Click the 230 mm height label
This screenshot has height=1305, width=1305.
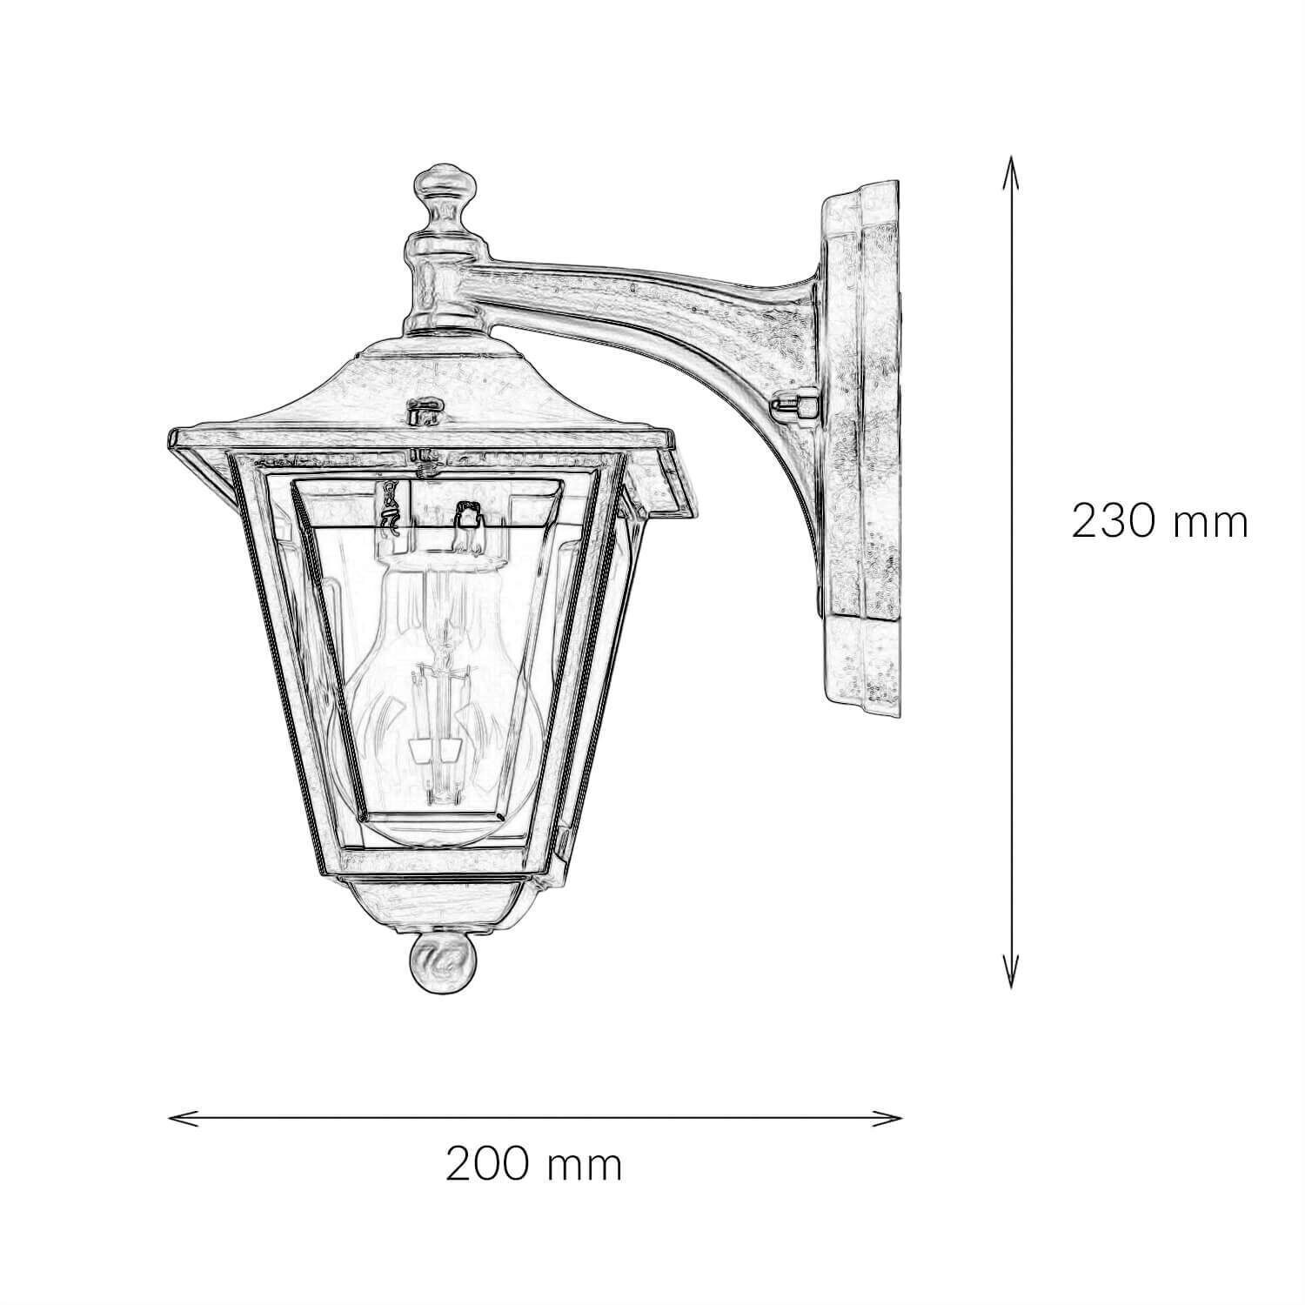point(1159,522)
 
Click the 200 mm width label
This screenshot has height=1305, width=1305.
point(534,1164)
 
